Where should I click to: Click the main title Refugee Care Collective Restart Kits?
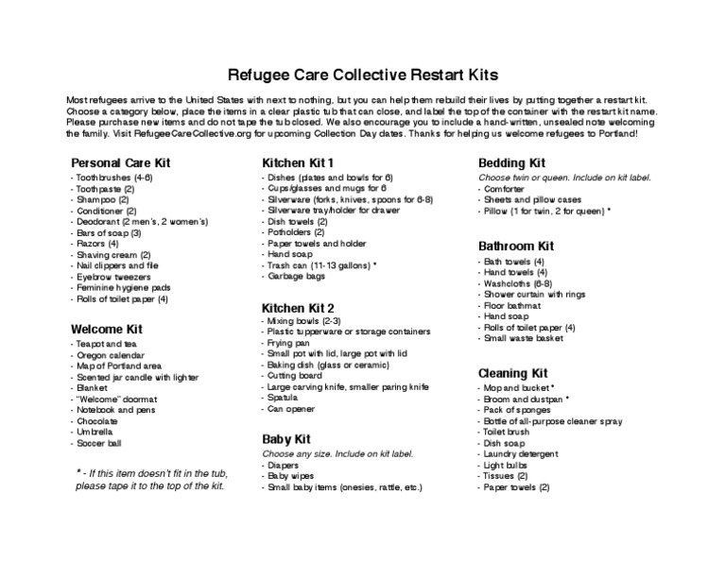click(362, 74)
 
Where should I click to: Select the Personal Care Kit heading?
click(120, 162)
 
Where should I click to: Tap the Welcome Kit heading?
click(106, 329)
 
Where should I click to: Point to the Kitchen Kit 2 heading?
click(298, 308)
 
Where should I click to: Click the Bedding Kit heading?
click(512, 162)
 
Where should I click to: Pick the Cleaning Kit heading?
click(513, 373)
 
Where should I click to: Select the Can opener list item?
click(290, 410)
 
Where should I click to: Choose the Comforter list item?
click(507, 189)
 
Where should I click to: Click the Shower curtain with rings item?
click(534, 295)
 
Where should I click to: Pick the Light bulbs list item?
click(510, 466)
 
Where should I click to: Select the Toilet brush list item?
click(511, 433)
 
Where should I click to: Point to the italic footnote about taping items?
click(149, 479)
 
